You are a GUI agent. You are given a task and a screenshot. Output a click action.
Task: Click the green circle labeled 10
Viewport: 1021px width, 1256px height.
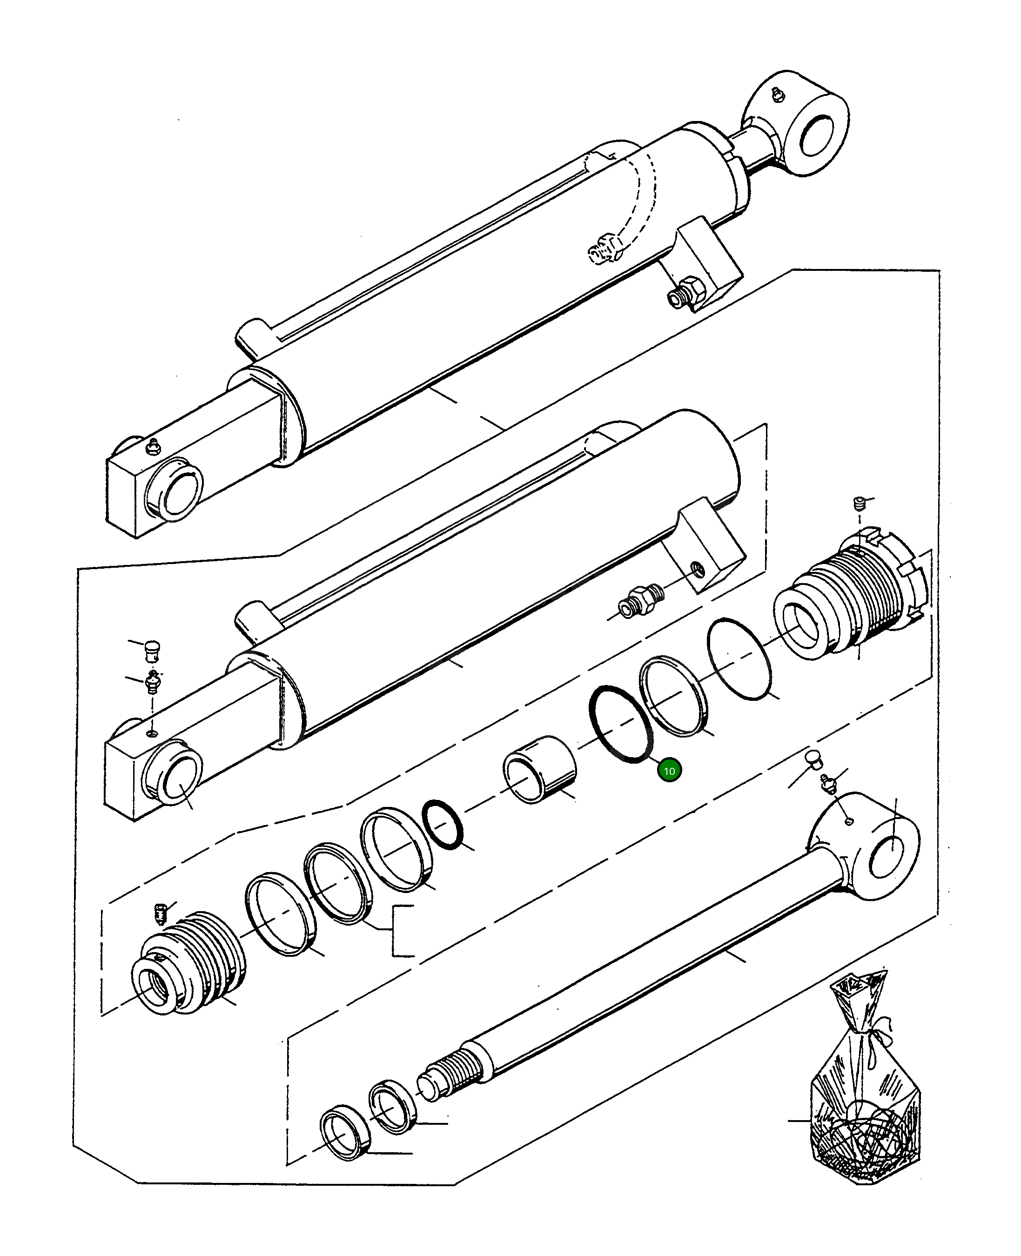click(669, 770)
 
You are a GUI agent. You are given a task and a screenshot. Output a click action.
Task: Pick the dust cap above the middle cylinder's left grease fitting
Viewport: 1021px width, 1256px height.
click(152, 650)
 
